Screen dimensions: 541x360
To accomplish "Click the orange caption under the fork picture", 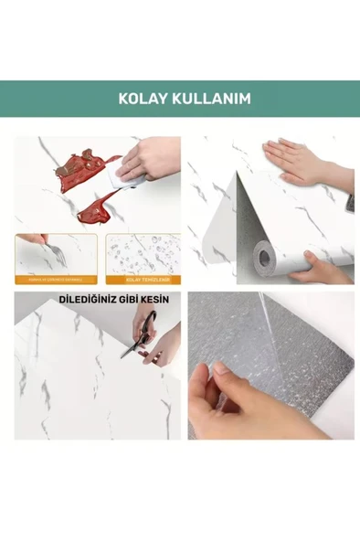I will point(55,280).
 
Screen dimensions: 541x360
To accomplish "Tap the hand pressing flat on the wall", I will point(292,161).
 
